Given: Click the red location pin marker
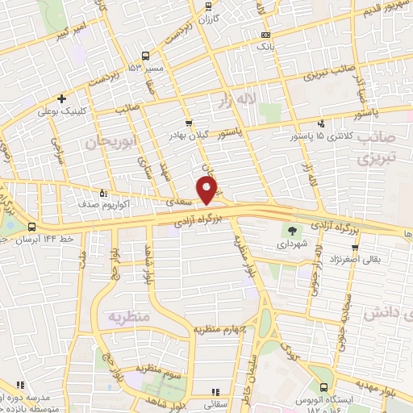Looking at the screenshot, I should [207, 190].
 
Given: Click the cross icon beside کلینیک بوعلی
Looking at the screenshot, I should [61, 98].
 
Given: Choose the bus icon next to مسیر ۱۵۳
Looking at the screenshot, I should [144, 56].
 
